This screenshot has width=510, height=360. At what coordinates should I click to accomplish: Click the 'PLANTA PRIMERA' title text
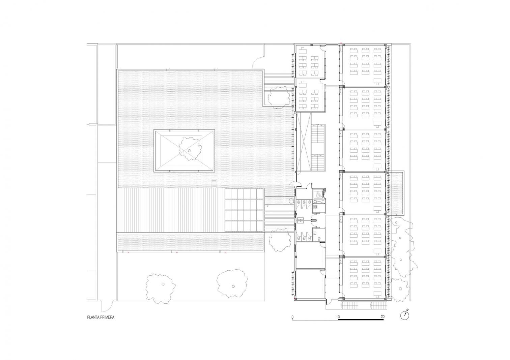(101, 317)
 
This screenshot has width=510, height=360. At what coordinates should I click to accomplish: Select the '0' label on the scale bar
(293, 317)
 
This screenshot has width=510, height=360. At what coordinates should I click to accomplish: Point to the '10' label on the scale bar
(338, 317)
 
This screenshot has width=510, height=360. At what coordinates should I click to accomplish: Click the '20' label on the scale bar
(382, 317)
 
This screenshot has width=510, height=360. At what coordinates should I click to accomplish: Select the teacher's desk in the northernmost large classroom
(378, 80)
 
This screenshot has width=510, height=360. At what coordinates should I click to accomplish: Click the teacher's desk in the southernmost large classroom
(378, 293)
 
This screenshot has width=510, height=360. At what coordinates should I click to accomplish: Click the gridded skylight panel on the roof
(244, 210)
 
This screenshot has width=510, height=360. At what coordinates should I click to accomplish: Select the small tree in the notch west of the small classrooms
(279, 97)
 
